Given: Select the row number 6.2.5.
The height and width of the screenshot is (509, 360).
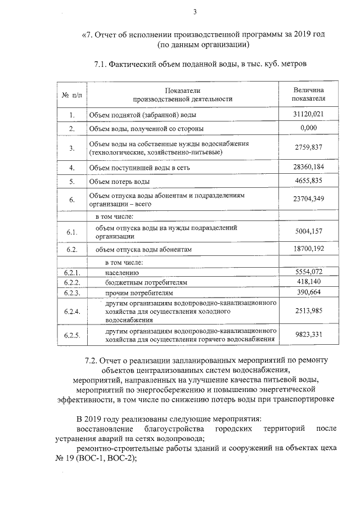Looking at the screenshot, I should coord(73,335).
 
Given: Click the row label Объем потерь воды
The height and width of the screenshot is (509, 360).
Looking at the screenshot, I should coord(120,182).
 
